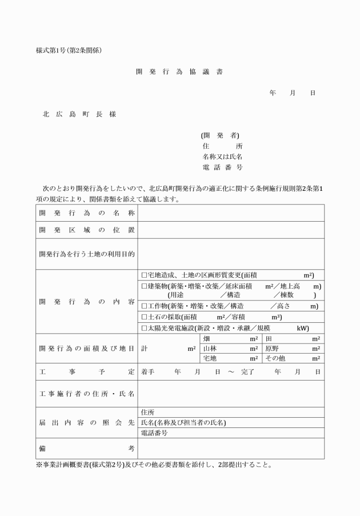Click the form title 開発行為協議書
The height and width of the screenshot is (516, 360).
(x=179, y=72)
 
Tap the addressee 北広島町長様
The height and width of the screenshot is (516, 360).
(x=79, y=114)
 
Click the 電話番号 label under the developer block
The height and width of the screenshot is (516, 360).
(x=222, y=167)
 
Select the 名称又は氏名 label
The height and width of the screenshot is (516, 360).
(x=222, y=157)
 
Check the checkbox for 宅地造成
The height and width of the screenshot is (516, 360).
(x=144, y=275)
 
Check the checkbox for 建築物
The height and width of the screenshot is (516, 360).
(x=144, y=286)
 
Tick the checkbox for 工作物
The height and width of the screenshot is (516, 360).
(x=144, y=306)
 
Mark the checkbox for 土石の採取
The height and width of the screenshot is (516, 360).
(x=144, y=317)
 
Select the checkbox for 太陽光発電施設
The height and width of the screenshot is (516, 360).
(x=144, y=328)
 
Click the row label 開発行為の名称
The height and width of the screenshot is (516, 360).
(x=87, y=213)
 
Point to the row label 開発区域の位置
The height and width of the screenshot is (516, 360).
(x=87, y=230)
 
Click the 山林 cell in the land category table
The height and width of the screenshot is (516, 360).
(x=210, y=348)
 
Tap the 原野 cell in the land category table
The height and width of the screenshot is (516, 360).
(x=272, y=348)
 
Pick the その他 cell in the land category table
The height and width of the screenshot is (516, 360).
(x=275, y=358)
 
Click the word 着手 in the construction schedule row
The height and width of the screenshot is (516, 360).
(x=148, y=372)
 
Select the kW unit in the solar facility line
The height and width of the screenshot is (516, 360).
(x=302, y=329)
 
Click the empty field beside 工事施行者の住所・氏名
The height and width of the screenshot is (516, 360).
(x=231, y=394)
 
